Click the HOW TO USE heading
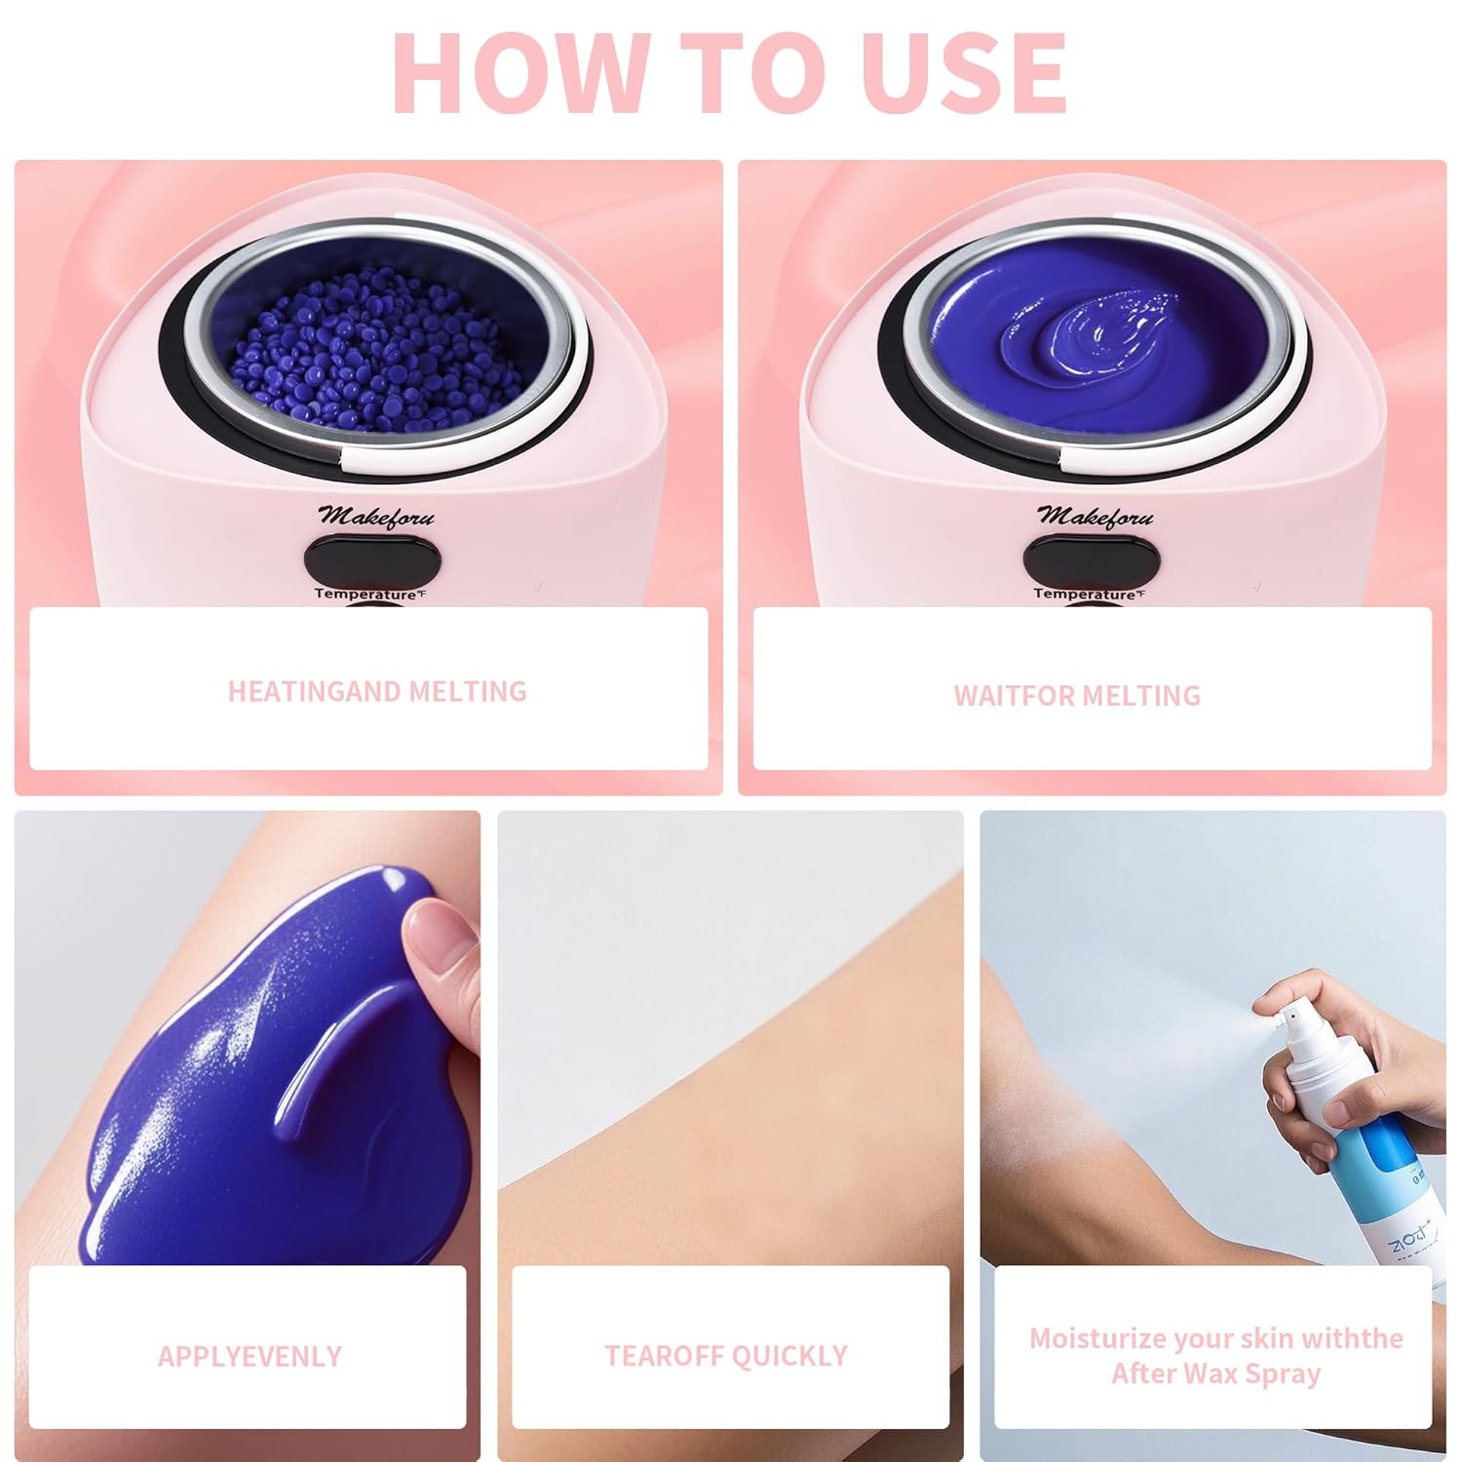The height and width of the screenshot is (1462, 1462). [x=729, y=74]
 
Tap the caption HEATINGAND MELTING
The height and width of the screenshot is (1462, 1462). [x=377, y=691]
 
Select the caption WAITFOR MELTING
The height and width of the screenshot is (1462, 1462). [x=1077, y=695]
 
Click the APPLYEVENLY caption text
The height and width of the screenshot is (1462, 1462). [x=250, y=1356]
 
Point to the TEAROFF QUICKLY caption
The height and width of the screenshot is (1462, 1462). [x=726, y=1356]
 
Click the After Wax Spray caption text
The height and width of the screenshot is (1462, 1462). [x=1215, y=1373]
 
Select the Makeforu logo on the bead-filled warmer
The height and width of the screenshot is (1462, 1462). [x=376, y=517]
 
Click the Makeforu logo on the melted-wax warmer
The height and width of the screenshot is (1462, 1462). [x=1095, y=517]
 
